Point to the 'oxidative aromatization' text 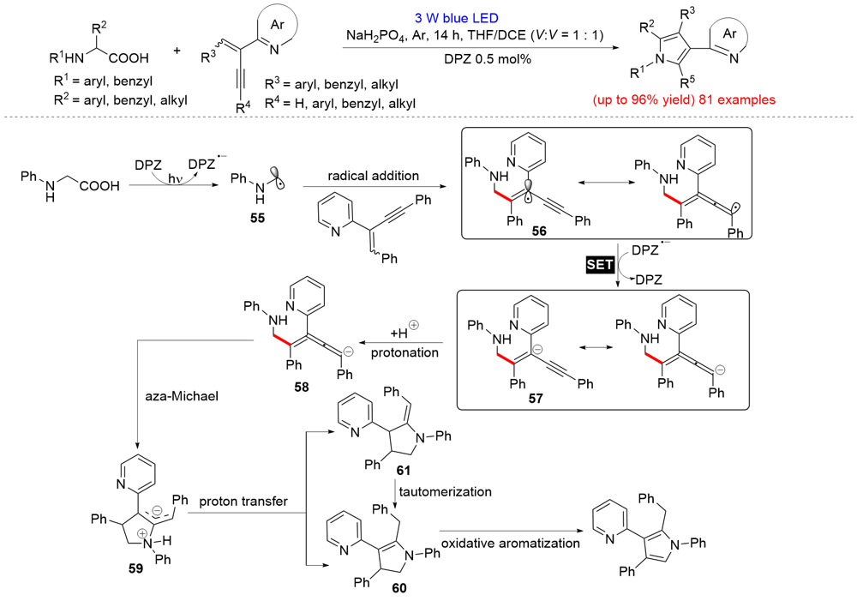point(511,543)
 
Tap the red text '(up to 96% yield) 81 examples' point(682,100)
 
